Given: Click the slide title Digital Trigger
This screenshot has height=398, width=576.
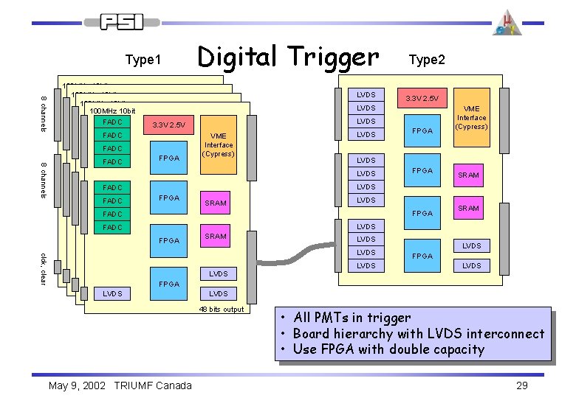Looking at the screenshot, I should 287,55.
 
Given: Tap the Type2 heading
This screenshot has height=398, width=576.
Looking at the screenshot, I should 426,60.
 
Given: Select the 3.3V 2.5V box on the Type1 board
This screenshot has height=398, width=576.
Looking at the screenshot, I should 168,125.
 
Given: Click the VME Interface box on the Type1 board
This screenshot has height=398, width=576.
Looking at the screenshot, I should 219,145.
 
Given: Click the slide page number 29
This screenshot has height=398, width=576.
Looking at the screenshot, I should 522,386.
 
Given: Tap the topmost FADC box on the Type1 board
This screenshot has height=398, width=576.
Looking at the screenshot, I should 112,122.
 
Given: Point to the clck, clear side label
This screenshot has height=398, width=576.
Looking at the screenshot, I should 44,268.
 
